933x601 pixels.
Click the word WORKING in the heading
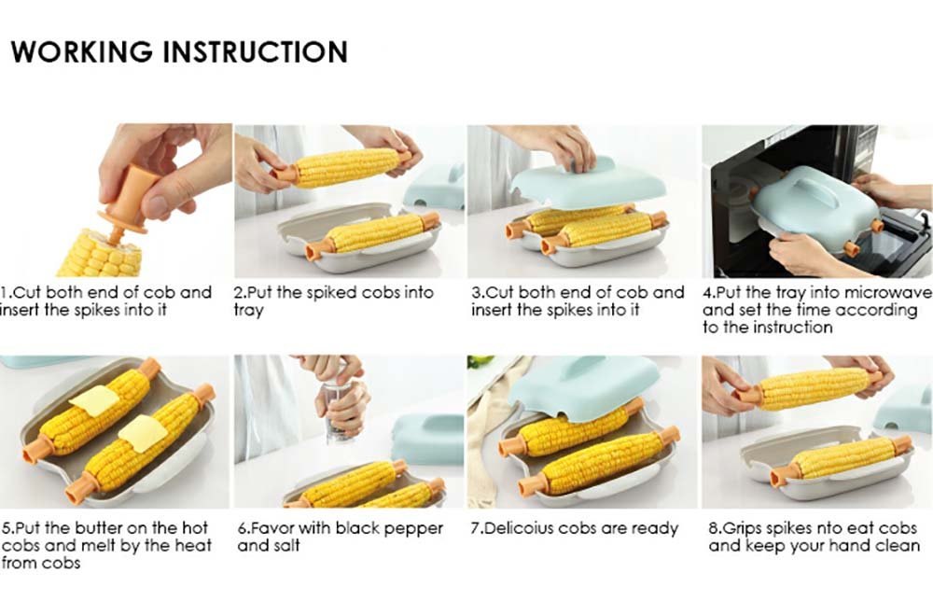coord(81,51)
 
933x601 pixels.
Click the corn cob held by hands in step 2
coord(346,167)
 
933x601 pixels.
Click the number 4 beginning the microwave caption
coord(707,293)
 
